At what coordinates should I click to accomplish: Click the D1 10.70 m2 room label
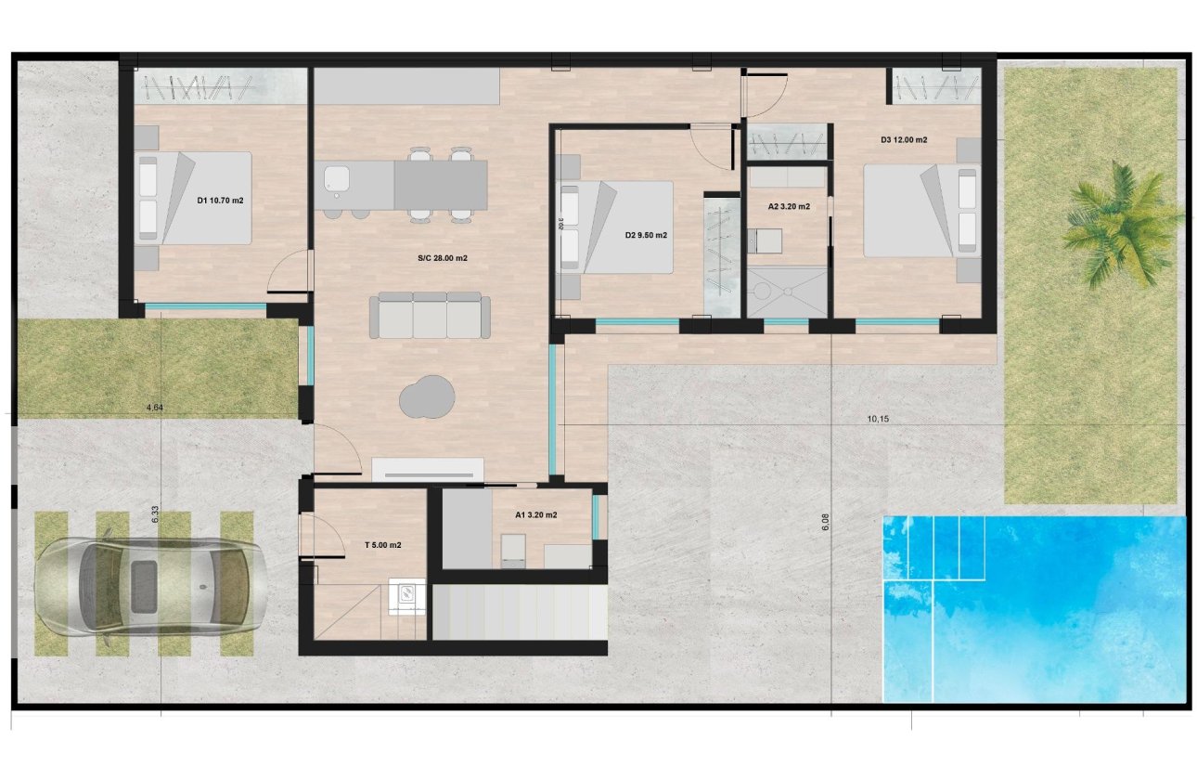coord(220,201)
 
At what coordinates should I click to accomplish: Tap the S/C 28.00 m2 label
coord(442,258)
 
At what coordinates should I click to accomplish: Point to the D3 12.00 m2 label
coord(904,140)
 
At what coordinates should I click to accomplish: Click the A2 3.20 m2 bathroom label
coord(789,206)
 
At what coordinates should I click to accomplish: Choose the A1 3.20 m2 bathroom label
coord(535,514)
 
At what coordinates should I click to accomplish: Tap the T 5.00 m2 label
coord(382,546)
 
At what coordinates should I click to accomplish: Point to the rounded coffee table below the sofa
coord(428,397)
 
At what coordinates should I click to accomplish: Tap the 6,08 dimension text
coord(825,523)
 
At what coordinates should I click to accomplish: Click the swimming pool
coord(1035,608)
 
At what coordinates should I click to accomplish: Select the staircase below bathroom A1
coord(520,613)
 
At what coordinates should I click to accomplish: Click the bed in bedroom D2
coord(616,228)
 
